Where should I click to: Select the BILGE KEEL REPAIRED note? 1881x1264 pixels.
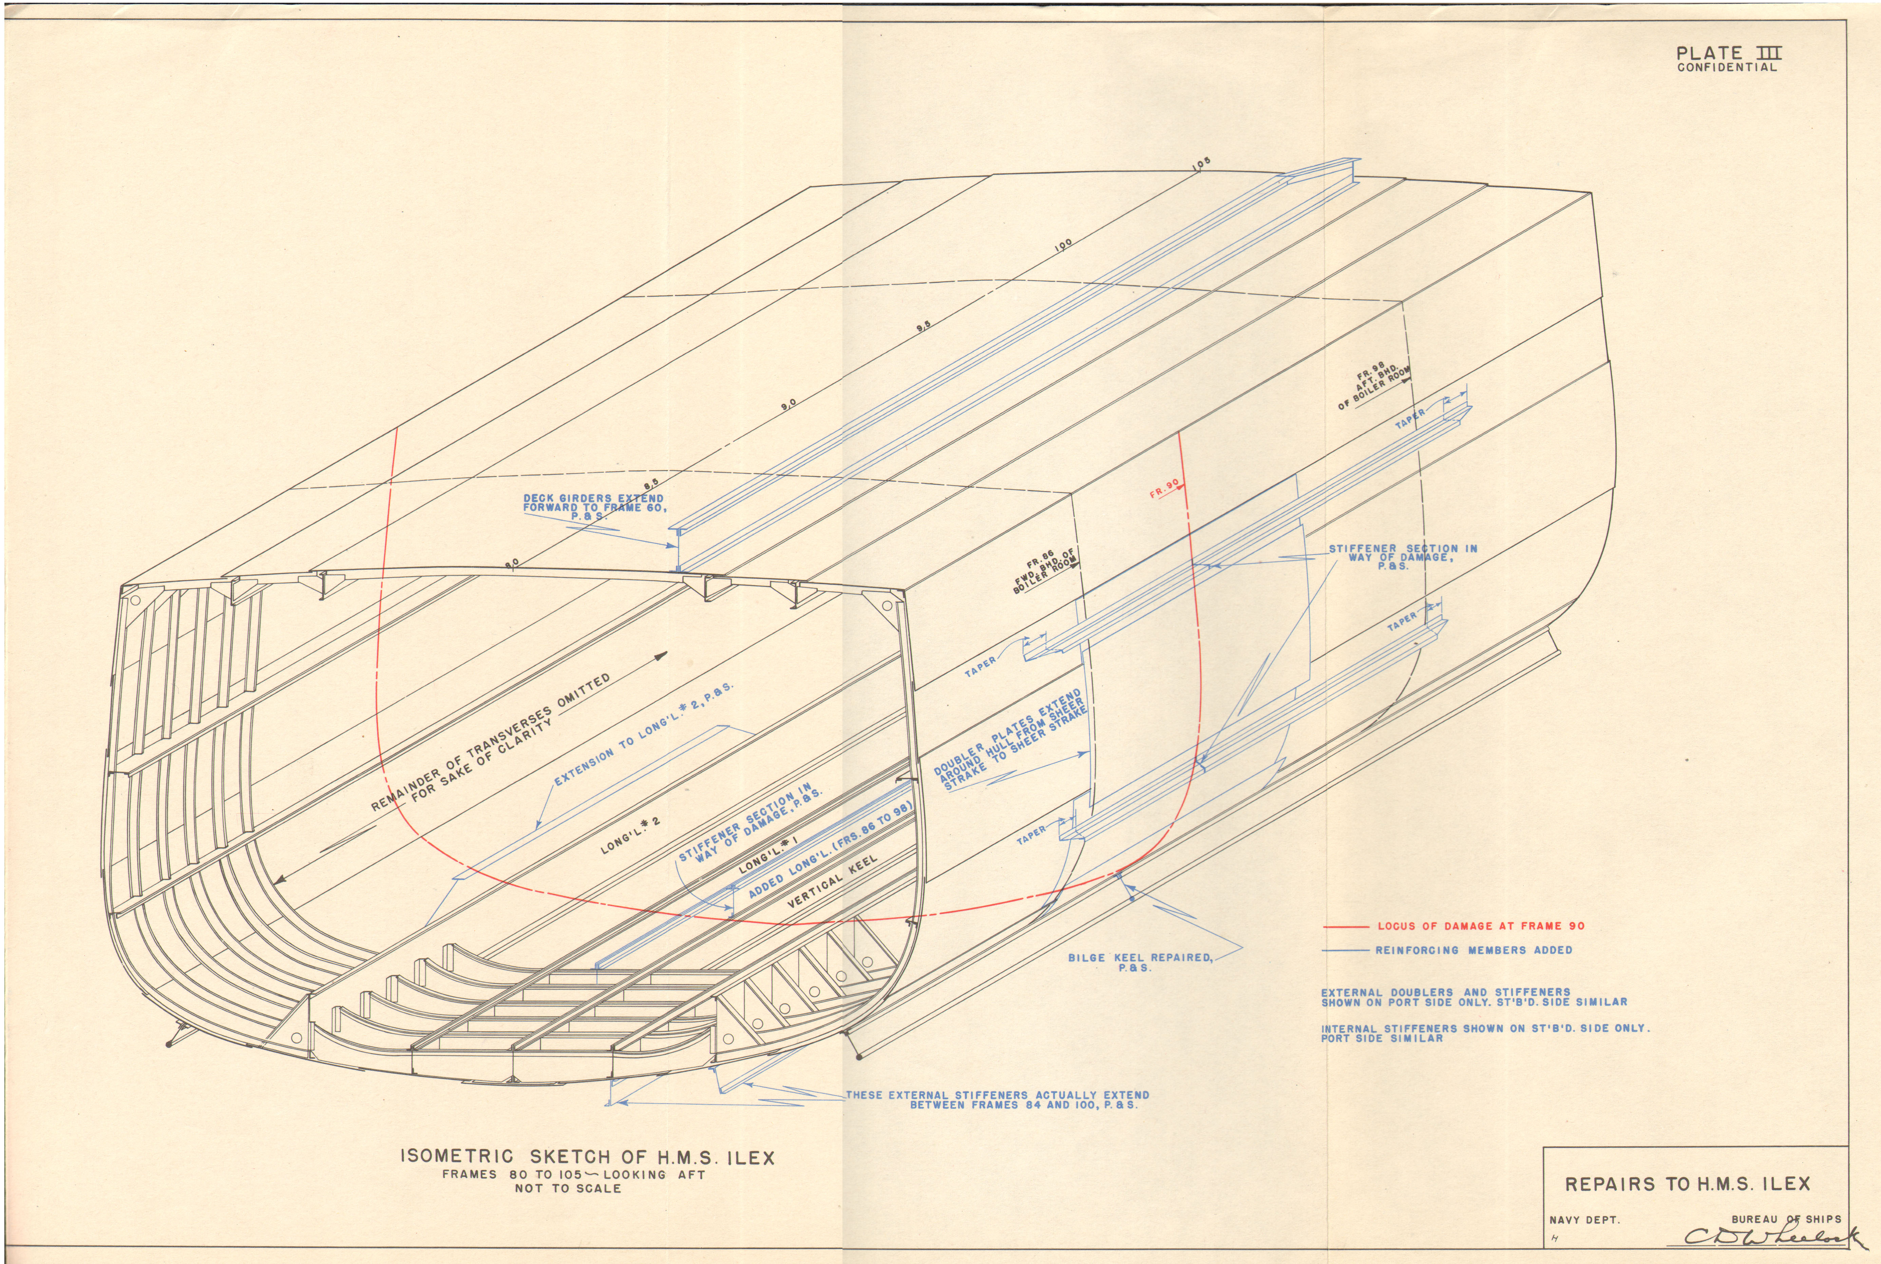coord(1139,962)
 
